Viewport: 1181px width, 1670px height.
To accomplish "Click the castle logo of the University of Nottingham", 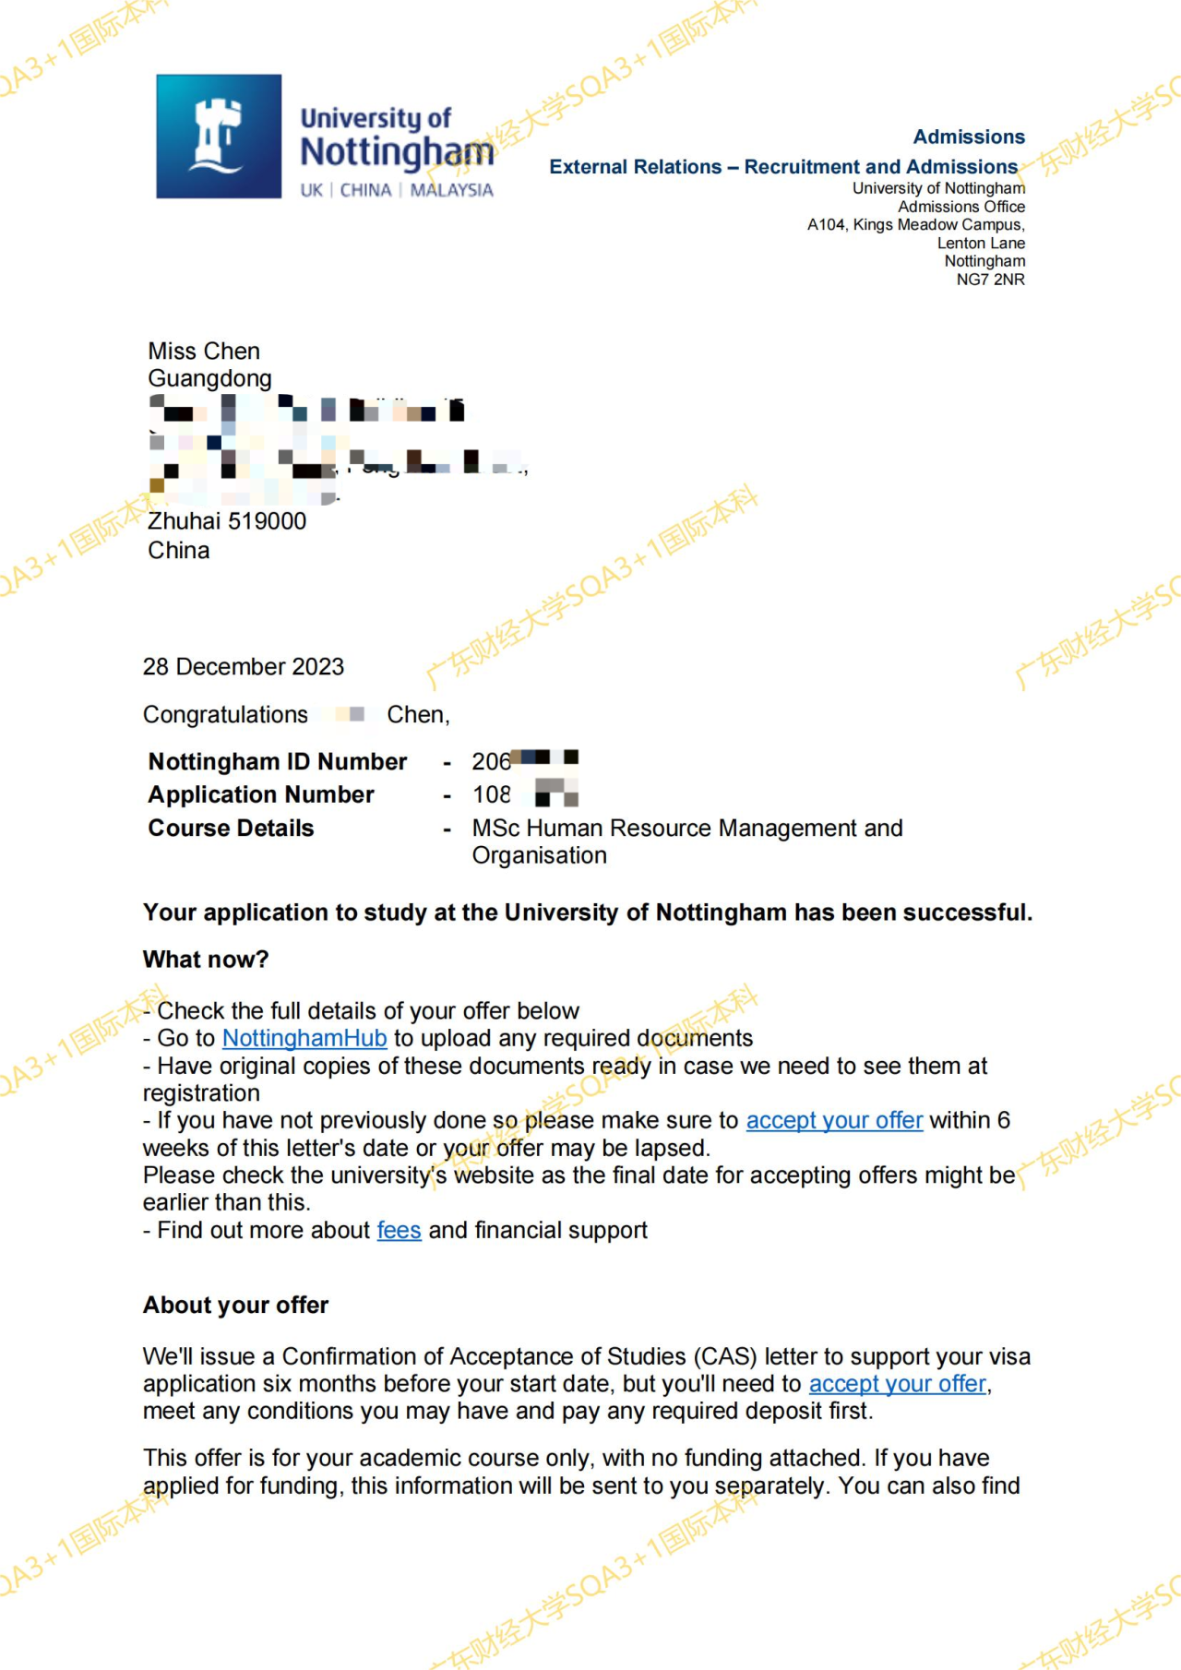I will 219,137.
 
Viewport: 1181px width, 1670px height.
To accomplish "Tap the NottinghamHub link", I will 304,1038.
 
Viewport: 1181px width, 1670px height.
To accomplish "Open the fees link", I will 399,1230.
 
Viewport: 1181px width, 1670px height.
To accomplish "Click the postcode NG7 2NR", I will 990,280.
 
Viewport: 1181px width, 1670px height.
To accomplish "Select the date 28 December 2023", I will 244,666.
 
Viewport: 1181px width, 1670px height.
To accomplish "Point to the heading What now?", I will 206,960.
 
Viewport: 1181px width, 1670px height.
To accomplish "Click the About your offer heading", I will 236,1305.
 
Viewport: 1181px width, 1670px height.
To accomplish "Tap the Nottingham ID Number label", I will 278,761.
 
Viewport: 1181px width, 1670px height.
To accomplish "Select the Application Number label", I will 261,794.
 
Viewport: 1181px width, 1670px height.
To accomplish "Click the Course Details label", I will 232,828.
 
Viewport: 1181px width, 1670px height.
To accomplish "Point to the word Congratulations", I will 225,714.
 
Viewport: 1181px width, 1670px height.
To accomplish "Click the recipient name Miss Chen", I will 204,351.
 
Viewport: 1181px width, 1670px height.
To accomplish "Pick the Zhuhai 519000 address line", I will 227,521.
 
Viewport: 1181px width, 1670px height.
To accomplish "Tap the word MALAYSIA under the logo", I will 451,190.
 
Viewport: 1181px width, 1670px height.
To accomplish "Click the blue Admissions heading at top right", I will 969,137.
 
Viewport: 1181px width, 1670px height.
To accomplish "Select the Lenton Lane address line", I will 981,243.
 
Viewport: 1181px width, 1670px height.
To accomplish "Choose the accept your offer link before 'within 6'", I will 834,1120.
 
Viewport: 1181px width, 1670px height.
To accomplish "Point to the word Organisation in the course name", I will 540,855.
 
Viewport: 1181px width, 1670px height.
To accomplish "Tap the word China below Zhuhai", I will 179,551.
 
